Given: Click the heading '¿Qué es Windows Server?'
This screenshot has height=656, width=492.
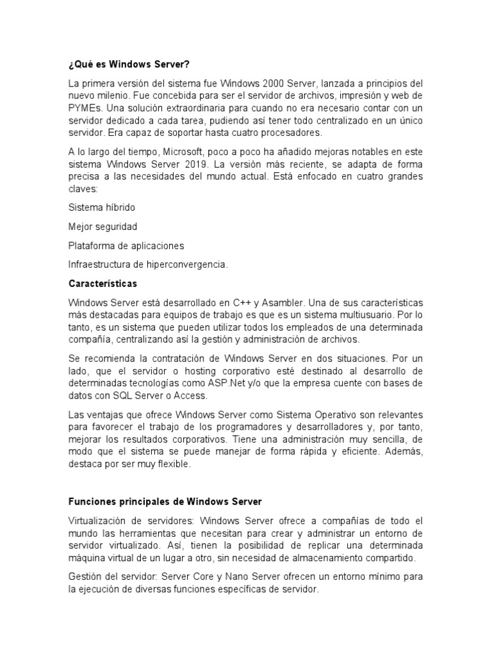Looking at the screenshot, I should (129, 65).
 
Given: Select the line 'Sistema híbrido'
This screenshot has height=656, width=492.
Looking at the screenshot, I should (101, 208).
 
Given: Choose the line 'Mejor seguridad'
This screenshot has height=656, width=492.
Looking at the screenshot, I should (102, 226).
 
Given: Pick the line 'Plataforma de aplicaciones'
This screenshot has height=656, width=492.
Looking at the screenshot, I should (126, 245).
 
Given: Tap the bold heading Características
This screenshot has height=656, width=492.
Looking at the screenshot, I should (102, 283).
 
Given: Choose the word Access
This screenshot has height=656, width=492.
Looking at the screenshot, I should (191, 395).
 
